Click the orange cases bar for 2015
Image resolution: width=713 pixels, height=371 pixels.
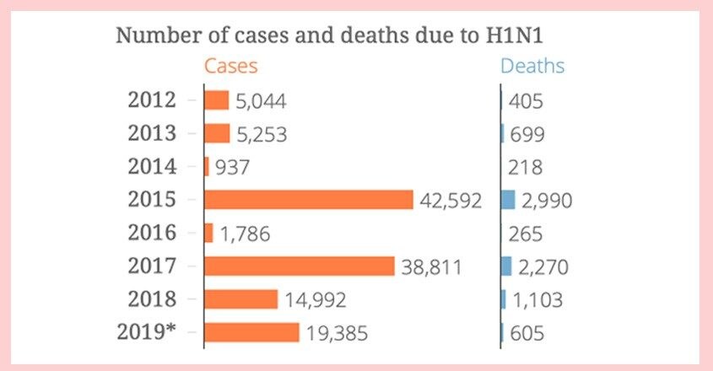[309, 200]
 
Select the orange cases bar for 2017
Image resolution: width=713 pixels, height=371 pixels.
[300, 266]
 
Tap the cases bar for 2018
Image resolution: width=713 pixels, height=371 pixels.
[241, 299]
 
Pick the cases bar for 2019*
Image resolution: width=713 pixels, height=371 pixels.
[251, 332]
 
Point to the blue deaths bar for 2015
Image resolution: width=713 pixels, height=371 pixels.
[507, 200]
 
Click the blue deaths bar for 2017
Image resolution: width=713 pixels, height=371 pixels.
[506, 266]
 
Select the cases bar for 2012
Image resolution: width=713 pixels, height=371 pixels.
[217, 100]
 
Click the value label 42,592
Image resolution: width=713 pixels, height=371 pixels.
[451, 201]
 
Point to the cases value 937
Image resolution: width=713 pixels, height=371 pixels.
[233, 168]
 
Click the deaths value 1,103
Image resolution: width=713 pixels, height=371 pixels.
[537, 300]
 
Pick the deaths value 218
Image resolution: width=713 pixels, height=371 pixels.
[526, 168]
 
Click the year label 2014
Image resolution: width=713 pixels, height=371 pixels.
[152, 167]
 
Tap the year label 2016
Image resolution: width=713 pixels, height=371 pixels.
[152, 233]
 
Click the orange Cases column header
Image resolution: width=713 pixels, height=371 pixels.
[230, 66]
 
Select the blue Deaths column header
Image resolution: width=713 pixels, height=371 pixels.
[532, 66]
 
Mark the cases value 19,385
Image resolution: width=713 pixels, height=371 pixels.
[337, 334]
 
